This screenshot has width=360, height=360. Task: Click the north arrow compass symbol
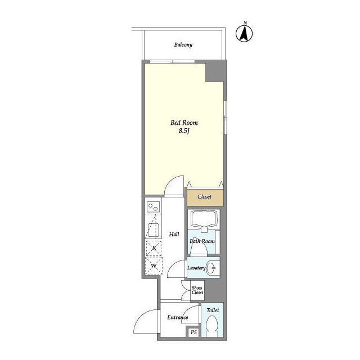(244, 34)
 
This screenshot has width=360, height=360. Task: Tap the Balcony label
(183, 45)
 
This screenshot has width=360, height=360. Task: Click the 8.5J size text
(184, 131)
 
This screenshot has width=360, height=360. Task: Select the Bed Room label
(184, 123)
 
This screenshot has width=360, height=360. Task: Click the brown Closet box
(205, 197)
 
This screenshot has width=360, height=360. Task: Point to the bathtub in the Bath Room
(204, 219)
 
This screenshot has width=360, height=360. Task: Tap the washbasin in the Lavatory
(211, 268)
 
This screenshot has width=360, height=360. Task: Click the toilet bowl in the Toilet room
(212, 326)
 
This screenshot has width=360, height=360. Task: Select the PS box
(193, 332)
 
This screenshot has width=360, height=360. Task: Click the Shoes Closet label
(197, 290)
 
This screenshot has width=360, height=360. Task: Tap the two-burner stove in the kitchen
(154, 207)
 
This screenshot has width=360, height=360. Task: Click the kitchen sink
(154, 230)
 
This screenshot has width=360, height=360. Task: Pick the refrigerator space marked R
(154, 248)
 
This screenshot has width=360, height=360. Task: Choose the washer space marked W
(154, 266)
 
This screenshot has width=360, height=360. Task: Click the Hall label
(174, 235)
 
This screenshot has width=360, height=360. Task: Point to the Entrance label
(178, 317)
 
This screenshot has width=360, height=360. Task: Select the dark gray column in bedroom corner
(214, 71)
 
